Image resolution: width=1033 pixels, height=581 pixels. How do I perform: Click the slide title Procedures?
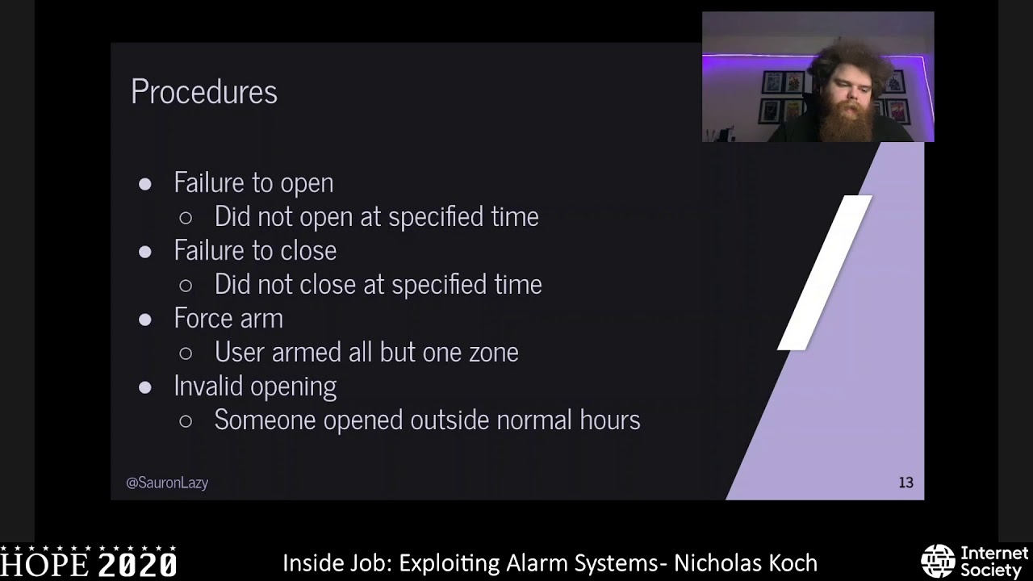(204, 92)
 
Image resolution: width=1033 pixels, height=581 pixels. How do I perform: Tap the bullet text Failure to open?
(253, 182)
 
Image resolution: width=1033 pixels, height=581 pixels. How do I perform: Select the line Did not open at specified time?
(376, 216)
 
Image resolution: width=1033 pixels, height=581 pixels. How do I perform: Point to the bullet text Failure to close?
(255, 250)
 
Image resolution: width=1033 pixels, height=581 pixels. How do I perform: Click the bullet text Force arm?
(228, 318)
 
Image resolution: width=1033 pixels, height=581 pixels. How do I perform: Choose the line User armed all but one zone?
(366, 352)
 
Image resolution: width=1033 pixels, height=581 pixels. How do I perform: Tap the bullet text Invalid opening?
(255, 386)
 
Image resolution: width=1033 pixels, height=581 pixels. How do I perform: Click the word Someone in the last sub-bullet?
(266, 420)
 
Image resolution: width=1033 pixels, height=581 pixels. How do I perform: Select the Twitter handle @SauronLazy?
(167, 483)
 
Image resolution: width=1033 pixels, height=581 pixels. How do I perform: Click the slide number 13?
(905, 483)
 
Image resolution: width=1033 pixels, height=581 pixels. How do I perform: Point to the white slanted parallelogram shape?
(825, 272)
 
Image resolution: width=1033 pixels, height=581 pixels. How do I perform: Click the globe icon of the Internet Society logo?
(938, 561)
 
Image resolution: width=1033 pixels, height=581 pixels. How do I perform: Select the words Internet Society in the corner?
(994, 561)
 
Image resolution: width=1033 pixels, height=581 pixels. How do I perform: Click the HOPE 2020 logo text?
(89, 562)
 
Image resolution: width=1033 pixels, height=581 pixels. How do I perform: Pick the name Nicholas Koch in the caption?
(746, 562)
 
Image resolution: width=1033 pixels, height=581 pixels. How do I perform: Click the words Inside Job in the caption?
(337, 562)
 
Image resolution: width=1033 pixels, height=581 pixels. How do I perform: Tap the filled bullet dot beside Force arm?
(145, 319)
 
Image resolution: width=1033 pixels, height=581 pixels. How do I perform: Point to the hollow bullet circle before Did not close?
(186, 285)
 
